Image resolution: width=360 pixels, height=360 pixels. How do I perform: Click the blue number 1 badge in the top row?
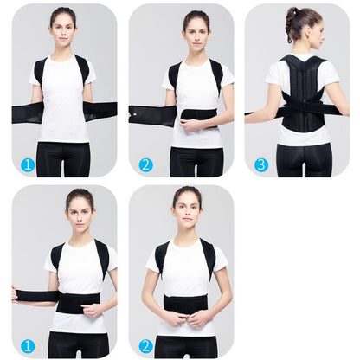[28, 164]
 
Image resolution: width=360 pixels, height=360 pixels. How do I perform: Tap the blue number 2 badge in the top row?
[145, 164]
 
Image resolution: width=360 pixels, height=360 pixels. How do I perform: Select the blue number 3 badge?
[261, 164]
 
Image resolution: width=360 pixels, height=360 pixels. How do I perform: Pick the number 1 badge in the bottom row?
[28, 345]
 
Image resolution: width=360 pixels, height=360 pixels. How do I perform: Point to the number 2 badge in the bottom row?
[145, 345]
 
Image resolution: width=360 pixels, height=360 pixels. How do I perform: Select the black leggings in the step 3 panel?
[303, 159]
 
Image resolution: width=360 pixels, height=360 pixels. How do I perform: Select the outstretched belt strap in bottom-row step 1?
[35, 296]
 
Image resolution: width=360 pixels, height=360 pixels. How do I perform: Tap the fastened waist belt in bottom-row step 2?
[185, 304]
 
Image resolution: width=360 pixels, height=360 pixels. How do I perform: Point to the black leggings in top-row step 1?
[62, 159]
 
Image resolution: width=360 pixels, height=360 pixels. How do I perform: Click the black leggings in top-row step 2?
[196, 161]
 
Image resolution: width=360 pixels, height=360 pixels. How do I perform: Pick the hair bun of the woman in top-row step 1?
[63, 10]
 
